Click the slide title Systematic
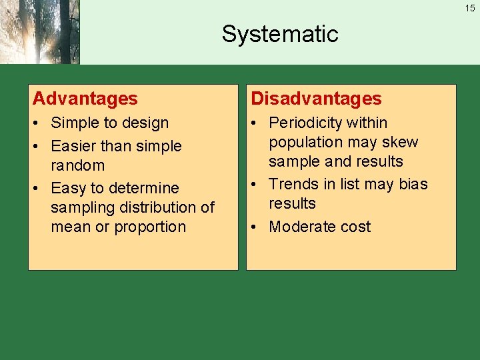280,34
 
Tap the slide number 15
470,8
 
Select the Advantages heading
85,99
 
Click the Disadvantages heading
316,99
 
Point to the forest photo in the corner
39,32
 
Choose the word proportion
150,227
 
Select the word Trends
291,184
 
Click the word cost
354,227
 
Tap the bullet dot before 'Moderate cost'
255,227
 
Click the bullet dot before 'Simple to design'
37,123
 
